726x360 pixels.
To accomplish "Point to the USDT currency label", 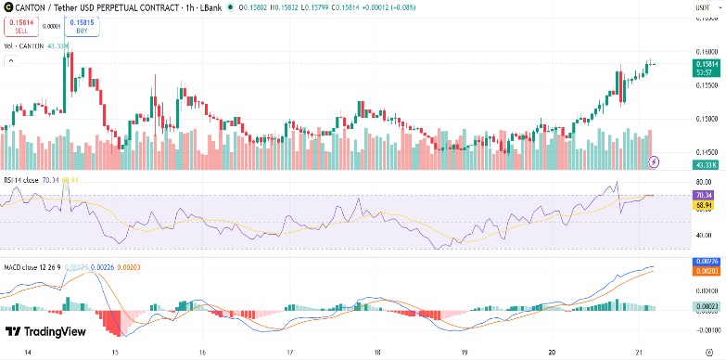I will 702,9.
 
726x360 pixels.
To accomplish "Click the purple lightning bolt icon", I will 656,161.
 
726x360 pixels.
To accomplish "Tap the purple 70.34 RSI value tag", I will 703,195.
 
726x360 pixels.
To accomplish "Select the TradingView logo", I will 45,331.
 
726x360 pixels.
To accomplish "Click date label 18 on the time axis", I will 378,353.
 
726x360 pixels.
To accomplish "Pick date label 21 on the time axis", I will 640,353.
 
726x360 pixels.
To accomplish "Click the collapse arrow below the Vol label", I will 11,61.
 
